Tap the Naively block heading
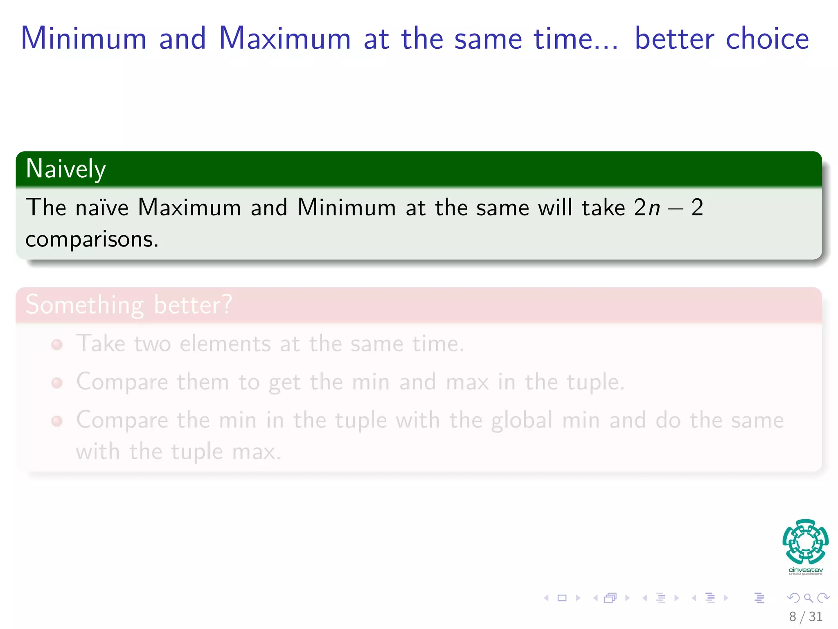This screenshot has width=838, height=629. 66,169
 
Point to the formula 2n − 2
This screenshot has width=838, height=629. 669,207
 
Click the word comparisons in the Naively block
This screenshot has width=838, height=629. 92,239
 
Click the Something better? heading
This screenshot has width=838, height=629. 129,305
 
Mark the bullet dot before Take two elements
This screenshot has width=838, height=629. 57,345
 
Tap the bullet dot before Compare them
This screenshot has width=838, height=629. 57,383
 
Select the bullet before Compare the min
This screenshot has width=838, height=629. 57,421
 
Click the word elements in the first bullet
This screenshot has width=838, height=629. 225,343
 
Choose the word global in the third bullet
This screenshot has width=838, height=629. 522,420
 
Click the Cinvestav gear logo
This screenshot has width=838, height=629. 805,541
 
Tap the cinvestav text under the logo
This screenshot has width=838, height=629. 805,570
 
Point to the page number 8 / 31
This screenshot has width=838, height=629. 805,616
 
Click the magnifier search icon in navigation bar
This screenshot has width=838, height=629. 808,598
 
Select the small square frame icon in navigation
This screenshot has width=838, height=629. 562,598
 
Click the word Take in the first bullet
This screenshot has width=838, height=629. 101,343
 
